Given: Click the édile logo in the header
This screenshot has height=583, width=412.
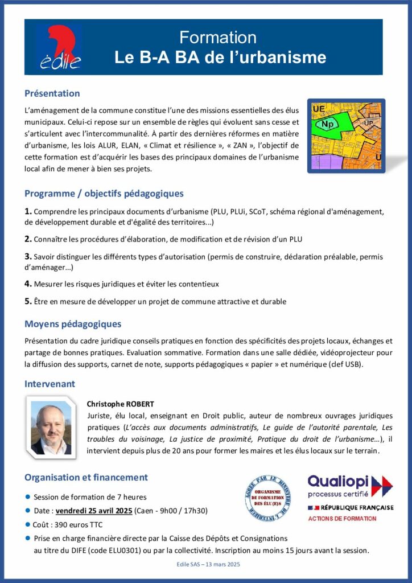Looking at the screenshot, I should click(x=59, y=47).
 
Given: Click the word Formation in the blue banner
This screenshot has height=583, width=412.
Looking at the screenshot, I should click(x=218, y=38).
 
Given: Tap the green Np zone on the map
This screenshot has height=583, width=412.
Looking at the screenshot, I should click(x=327, y=124).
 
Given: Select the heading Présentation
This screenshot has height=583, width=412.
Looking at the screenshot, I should click(x=52, y=93).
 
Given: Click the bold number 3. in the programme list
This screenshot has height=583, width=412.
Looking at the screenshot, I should click(x=28, y=256).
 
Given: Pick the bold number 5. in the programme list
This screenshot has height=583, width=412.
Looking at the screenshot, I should click(x=28, y=301).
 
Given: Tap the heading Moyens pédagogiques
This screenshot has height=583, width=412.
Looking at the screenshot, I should click(x=72, y=325).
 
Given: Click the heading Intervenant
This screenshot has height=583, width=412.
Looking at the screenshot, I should click(x=50, y=384).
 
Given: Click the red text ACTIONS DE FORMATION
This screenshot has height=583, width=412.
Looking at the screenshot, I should click(x=342, y=519).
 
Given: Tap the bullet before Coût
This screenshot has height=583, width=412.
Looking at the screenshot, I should click(x=27, y=524).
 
